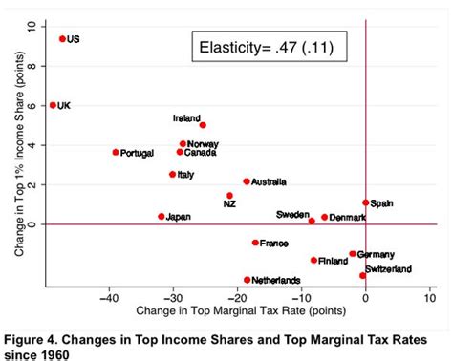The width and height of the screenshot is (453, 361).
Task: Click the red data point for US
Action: [x=62, y=39]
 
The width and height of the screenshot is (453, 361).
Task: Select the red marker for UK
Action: [x=53, y=105]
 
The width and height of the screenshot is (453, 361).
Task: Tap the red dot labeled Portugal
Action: [x=116, y=152]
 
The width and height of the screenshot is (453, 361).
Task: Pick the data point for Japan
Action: [x=161, y=217]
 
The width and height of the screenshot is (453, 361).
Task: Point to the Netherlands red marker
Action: [x=248, y=280]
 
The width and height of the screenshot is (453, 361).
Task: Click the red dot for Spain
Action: [x=366, y=202]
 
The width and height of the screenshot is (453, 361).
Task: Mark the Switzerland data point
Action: [x=363, y=275]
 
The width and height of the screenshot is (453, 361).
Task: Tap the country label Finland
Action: [x=333, y=261]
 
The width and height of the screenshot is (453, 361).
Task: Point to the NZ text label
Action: [x=229, y=204]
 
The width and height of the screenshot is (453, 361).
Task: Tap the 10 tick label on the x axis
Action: [x=430, y=297]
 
